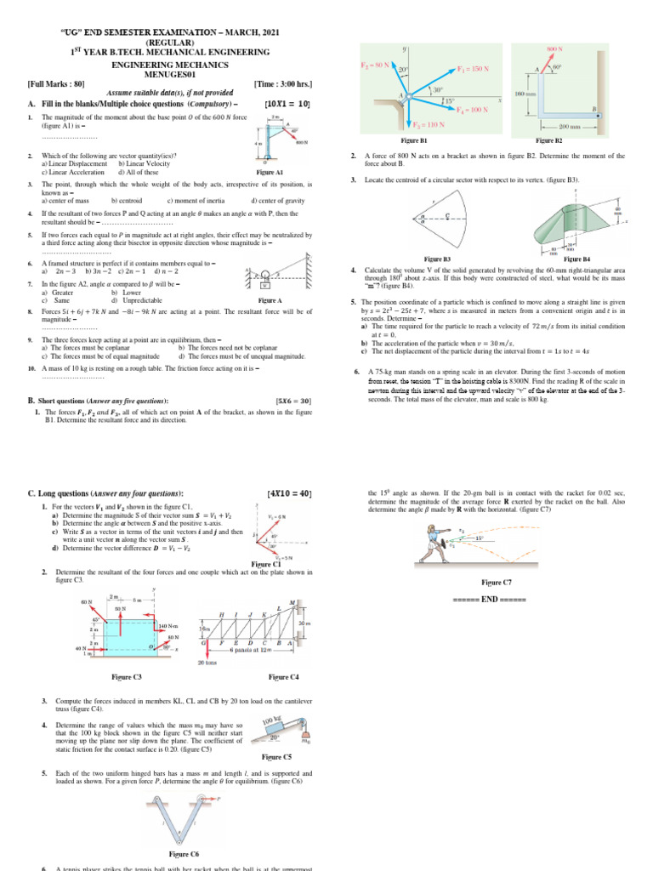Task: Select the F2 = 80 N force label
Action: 376,65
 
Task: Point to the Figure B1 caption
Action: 413,140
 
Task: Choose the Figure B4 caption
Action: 576,259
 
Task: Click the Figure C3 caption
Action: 126,676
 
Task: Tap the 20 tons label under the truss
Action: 207,663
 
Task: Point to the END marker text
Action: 496,601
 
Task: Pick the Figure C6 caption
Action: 184,853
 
